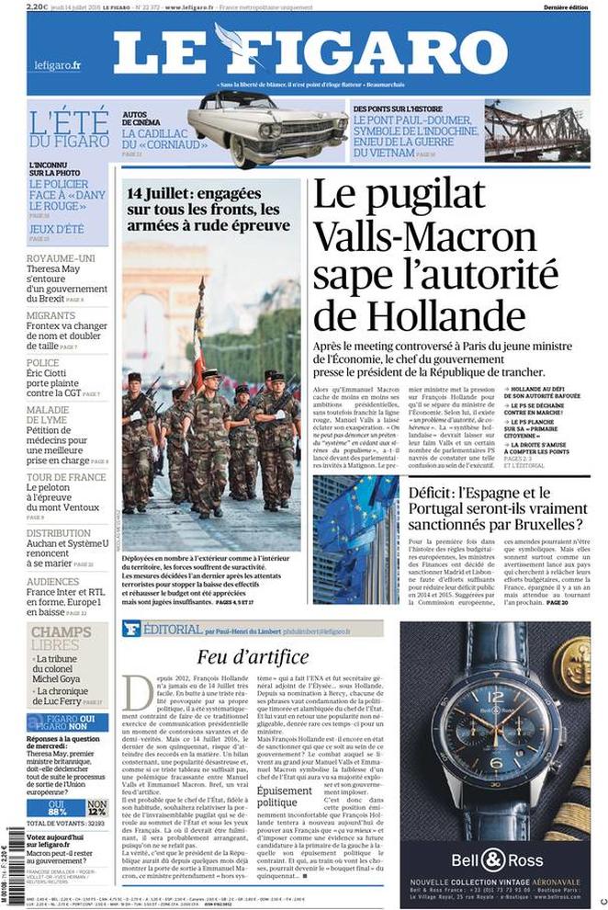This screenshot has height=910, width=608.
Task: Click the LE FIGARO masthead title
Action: pyautogui.click(x=310, y=51)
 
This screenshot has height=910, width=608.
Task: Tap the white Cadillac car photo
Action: pyautogui.click(x=268, y=129)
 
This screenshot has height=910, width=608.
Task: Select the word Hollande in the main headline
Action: pyautogui.click(x=419, y=315)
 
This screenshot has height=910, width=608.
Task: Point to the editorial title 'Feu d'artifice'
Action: pyautogui.click(x=241, y=656)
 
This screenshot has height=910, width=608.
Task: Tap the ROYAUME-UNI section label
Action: pyautogui.click(x=61, y=258)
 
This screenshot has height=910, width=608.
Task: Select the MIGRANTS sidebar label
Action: pyautogui.click(x=51, y=314)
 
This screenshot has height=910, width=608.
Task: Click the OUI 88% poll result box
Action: pyautogui.click(x=57, y=807)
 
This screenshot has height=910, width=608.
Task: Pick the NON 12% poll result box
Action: pyautogui.click(x=97, y=807)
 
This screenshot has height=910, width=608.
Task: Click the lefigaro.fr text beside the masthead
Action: pyautogui.click(x=57, y=65)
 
